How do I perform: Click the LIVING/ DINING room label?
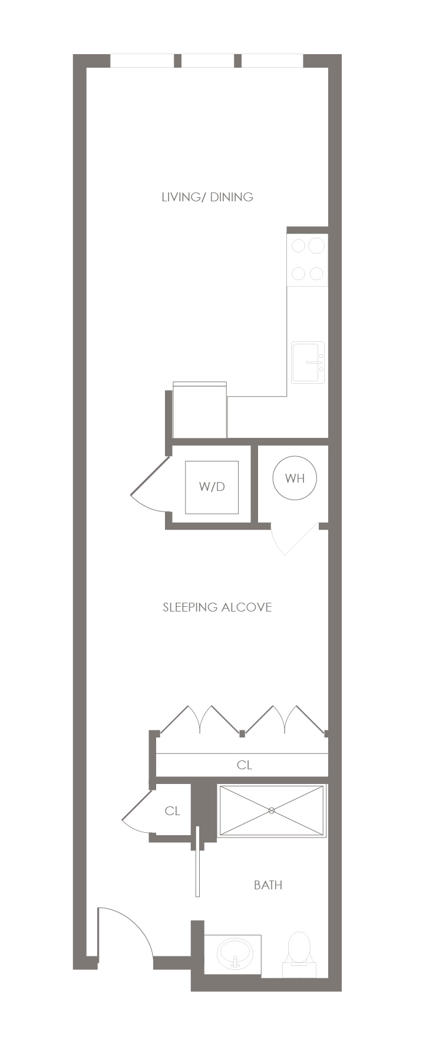[207, 197]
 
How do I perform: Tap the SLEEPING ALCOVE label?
[217, 607]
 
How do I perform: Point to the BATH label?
[268, 885]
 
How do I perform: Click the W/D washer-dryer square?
[212, 487]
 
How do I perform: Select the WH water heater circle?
[295, 478]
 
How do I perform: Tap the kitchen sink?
[308, 362]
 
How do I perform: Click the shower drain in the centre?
[272, 810]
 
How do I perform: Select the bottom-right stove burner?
[316, 274]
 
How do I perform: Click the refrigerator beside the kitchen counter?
[200, 410]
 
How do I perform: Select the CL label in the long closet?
[245, 765]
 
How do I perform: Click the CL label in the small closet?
[172, 811]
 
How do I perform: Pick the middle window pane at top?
[207, 61]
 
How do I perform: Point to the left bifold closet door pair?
[200, 720]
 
